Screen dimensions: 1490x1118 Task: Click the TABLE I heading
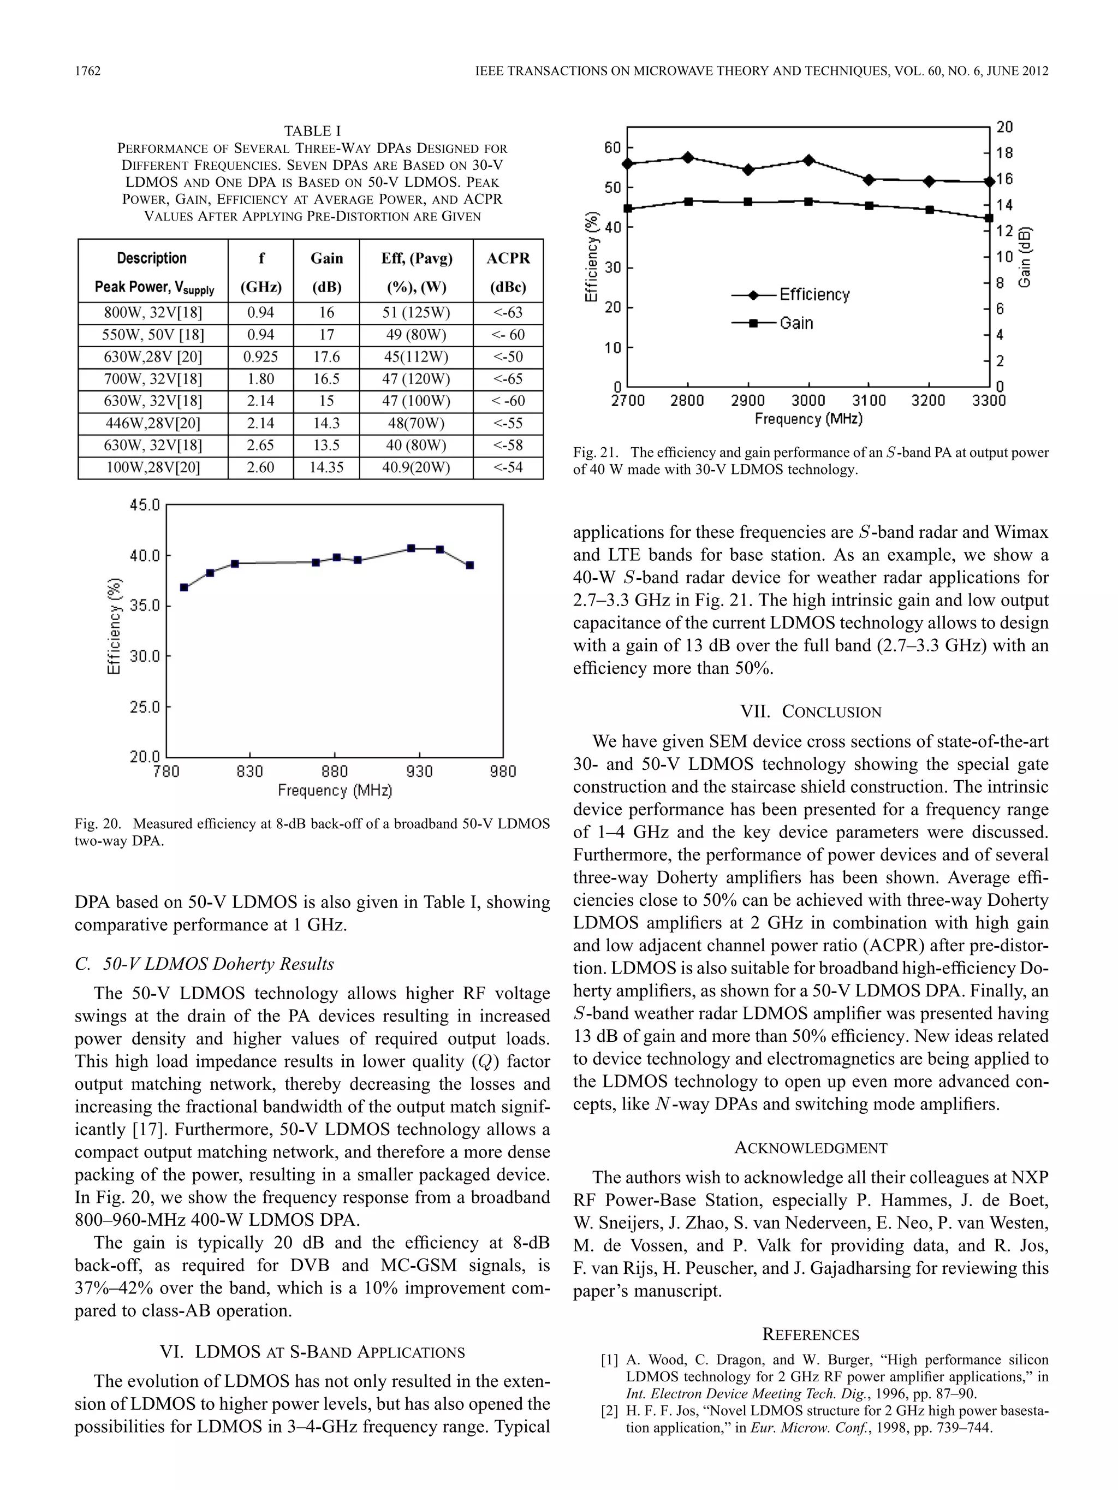312,130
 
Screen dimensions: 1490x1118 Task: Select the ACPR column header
508,259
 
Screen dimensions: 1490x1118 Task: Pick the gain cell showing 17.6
326,357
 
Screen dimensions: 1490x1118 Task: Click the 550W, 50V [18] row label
153,335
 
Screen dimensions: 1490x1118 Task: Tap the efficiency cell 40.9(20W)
415,467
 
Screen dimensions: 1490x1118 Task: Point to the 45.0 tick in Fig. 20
145,505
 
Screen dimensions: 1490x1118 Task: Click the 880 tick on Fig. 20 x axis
334,771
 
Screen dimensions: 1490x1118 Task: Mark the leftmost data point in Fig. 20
184,587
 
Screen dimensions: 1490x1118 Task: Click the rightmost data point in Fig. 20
470,565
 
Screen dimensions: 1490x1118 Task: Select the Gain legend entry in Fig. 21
796,323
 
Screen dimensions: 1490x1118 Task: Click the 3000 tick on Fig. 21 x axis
808,401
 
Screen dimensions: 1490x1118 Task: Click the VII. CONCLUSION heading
810,712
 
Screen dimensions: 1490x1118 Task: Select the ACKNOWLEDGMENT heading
810,1148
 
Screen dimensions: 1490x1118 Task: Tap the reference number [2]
610,1410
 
